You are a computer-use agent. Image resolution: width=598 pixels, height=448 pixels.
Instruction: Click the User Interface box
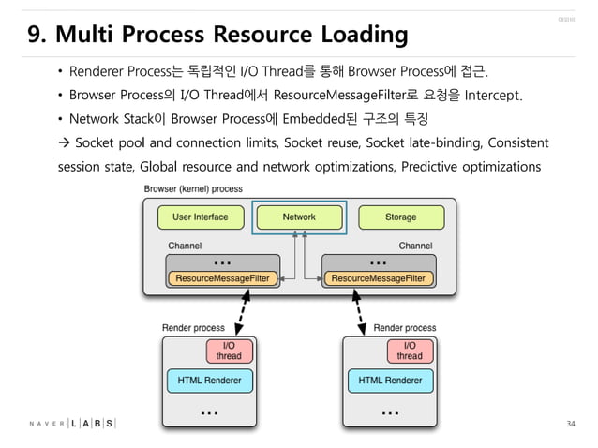[201, 217]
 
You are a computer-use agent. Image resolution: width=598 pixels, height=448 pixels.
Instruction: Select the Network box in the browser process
[300, 217]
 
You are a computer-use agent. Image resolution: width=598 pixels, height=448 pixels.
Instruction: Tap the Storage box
[400, 217]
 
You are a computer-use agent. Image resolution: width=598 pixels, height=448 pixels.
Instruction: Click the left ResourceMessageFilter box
[221, 278]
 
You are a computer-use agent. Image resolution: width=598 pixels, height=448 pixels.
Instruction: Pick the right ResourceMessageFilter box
[378, 278]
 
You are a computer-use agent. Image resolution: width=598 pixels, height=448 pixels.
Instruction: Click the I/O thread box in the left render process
[228, 351]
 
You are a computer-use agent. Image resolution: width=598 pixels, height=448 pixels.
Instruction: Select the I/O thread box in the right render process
[410, 351]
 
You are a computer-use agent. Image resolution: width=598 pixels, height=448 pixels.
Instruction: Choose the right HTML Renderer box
[390, 381]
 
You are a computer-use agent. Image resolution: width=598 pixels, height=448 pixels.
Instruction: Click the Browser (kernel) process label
[193, 188]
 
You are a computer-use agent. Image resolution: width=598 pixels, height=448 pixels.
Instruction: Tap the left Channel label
[185, 246]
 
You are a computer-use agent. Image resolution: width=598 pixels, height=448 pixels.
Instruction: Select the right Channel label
[415, 246]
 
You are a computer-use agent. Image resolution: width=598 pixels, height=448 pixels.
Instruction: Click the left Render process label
[194, 328]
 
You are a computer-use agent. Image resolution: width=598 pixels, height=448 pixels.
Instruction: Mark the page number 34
[571, 425]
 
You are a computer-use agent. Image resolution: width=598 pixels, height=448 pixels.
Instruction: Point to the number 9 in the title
[35, 36]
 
